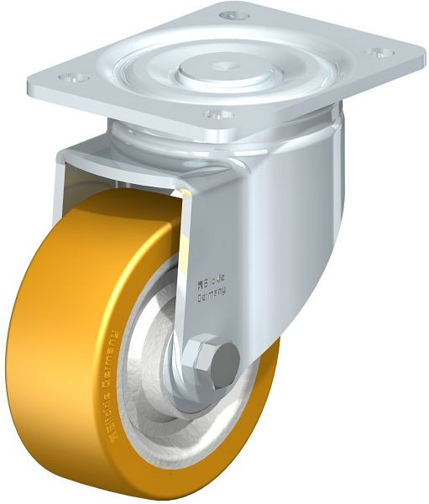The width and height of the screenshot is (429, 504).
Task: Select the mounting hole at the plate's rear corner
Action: click(233, 14)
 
